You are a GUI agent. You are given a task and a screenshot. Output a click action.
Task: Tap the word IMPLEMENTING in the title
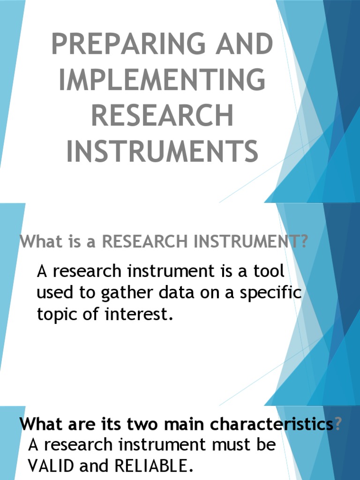click(162, 80)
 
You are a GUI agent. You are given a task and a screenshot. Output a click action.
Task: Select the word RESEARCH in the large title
click(162, 115)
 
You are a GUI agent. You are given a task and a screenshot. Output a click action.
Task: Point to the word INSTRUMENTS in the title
click(162, 151)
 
